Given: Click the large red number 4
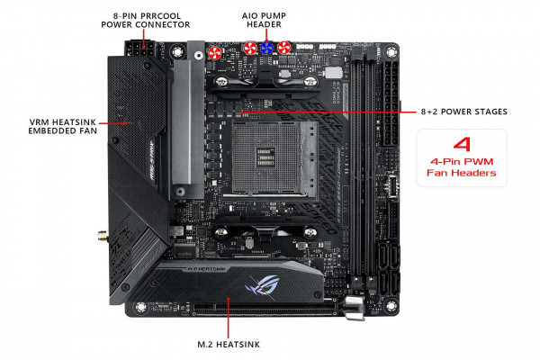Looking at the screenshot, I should pyautogui.click(x=462, y=144).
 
